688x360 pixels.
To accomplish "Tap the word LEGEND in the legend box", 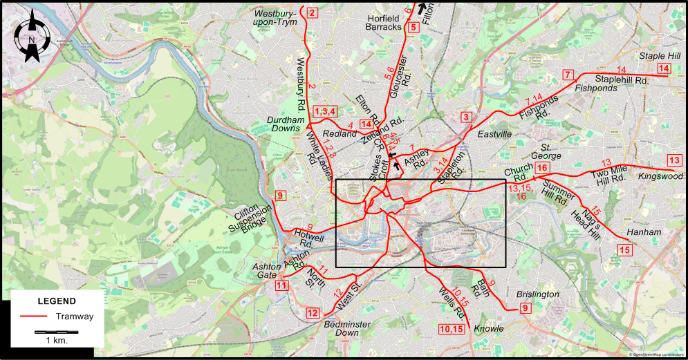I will click(x=57, y=301).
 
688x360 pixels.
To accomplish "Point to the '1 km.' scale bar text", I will click(x=56, y=341).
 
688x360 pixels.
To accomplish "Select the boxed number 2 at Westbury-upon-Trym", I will click(x=313, y=13).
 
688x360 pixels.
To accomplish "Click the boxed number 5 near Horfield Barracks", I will click(x=413, y=28).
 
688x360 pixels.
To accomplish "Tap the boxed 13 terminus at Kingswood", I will click(x=674, y=161).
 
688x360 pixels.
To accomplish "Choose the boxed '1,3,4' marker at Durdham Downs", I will click(x=325, y=111).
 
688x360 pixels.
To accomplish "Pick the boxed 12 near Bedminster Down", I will click(x=313, y=313).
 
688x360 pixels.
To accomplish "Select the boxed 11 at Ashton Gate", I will click(x=281, y=285).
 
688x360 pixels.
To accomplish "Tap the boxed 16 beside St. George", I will click(x=541, y=168).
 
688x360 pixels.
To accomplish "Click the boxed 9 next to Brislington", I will click(x=525, y=308).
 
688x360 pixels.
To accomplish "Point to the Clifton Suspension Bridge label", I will click(x=250, y=220).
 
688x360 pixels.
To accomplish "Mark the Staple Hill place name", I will click(x=660, y=55).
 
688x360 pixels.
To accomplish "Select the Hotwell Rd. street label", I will click(x=308, y=238).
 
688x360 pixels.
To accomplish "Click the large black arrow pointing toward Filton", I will click(x=421, y=8).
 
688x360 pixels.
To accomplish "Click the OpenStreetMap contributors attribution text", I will click(x=658, y=355).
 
